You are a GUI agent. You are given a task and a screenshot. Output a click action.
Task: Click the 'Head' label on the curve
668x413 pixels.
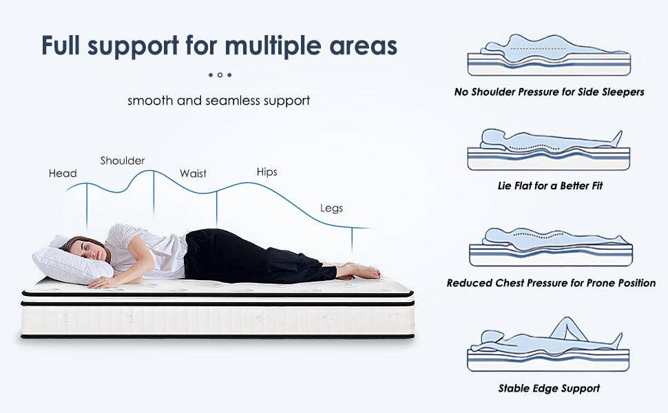coord(63,173)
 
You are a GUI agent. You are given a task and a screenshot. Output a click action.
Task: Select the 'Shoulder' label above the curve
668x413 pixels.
coord(123,160)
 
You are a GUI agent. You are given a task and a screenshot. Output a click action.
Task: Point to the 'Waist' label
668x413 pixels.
coord(193,173)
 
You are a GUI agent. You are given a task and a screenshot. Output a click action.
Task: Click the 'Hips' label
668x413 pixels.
coord(267,171)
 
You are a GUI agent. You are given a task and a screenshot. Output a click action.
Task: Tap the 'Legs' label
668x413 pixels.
coord(331,208)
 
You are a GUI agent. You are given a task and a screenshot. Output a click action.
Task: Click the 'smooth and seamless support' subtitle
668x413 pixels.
coord(219,100)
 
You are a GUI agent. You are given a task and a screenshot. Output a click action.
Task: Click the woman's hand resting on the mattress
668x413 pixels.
coord(103,282)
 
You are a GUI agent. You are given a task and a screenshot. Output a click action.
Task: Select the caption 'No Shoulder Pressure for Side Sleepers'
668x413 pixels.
coord(549,92)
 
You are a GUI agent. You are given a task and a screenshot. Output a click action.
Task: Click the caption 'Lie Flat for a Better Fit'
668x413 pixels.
coord(549,186)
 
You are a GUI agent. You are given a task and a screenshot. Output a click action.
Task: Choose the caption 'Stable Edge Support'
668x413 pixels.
coord(549,388)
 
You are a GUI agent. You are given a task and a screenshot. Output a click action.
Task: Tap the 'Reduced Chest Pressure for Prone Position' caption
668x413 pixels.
coord(551,283)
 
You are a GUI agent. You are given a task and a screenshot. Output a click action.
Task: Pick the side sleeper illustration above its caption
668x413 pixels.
coord(549,55)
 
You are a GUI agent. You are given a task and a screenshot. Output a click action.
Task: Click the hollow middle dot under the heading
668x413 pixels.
coord(220,74)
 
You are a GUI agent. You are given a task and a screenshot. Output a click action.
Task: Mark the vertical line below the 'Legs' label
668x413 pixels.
coord(352,240)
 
